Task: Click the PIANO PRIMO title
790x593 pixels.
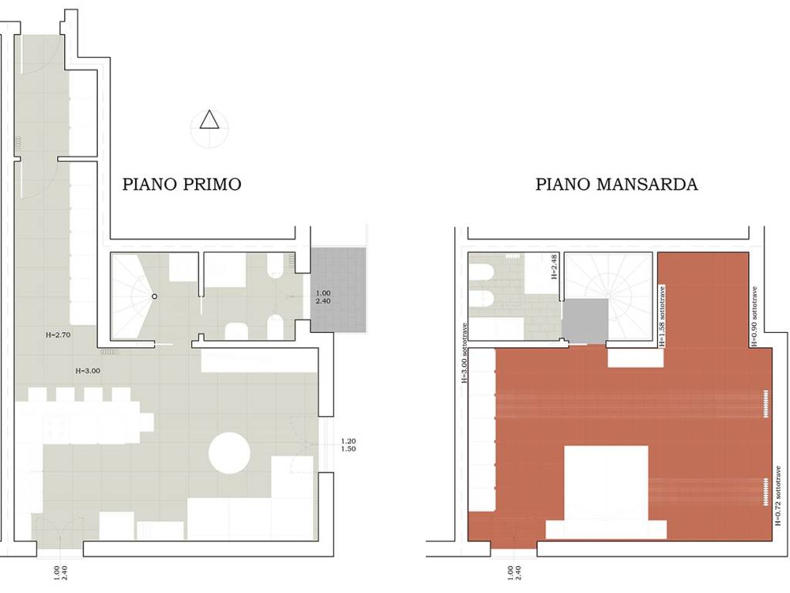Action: [x=181, y=185]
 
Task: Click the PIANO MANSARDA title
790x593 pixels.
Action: [x=616, y=185]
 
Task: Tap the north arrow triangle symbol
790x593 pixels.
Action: [x=209, y=121]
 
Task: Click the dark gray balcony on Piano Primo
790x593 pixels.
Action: [x=338, y=290]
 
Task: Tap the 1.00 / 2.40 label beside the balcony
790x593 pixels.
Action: [x=322, y=298]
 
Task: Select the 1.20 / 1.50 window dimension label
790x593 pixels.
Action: [x=347, y=445]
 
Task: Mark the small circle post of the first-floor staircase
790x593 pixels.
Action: [x=154, y=296]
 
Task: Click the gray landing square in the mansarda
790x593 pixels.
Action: [x=586, y=320]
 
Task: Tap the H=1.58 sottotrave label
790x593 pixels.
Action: [x=662, y=317]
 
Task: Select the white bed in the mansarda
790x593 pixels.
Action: [x=606, y=490]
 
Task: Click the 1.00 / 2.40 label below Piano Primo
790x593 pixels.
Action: [x=60, y=573]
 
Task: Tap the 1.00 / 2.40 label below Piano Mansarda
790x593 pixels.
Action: [x=514, y=573]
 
